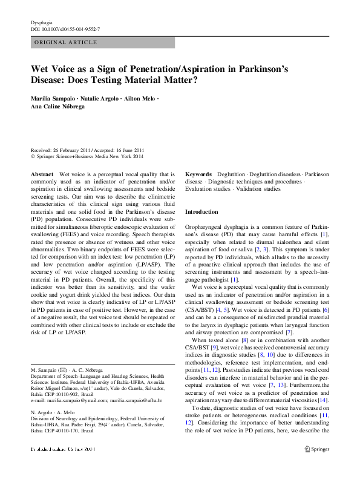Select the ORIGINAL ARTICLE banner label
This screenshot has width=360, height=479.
click(67, 42)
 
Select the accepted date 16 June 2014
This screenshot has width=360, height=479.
click(129, 151)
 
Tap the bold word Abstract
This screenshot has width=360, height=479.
click(42, 173)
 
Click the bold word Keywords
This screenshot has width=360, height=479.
click(198, 173)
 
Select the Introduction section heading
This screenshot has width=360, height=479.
click(201, 212)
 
